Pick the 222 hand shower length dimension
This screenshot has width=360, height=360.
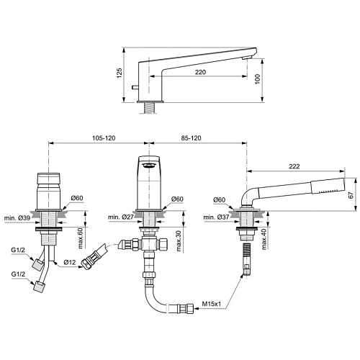click(x=295, y=166)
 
